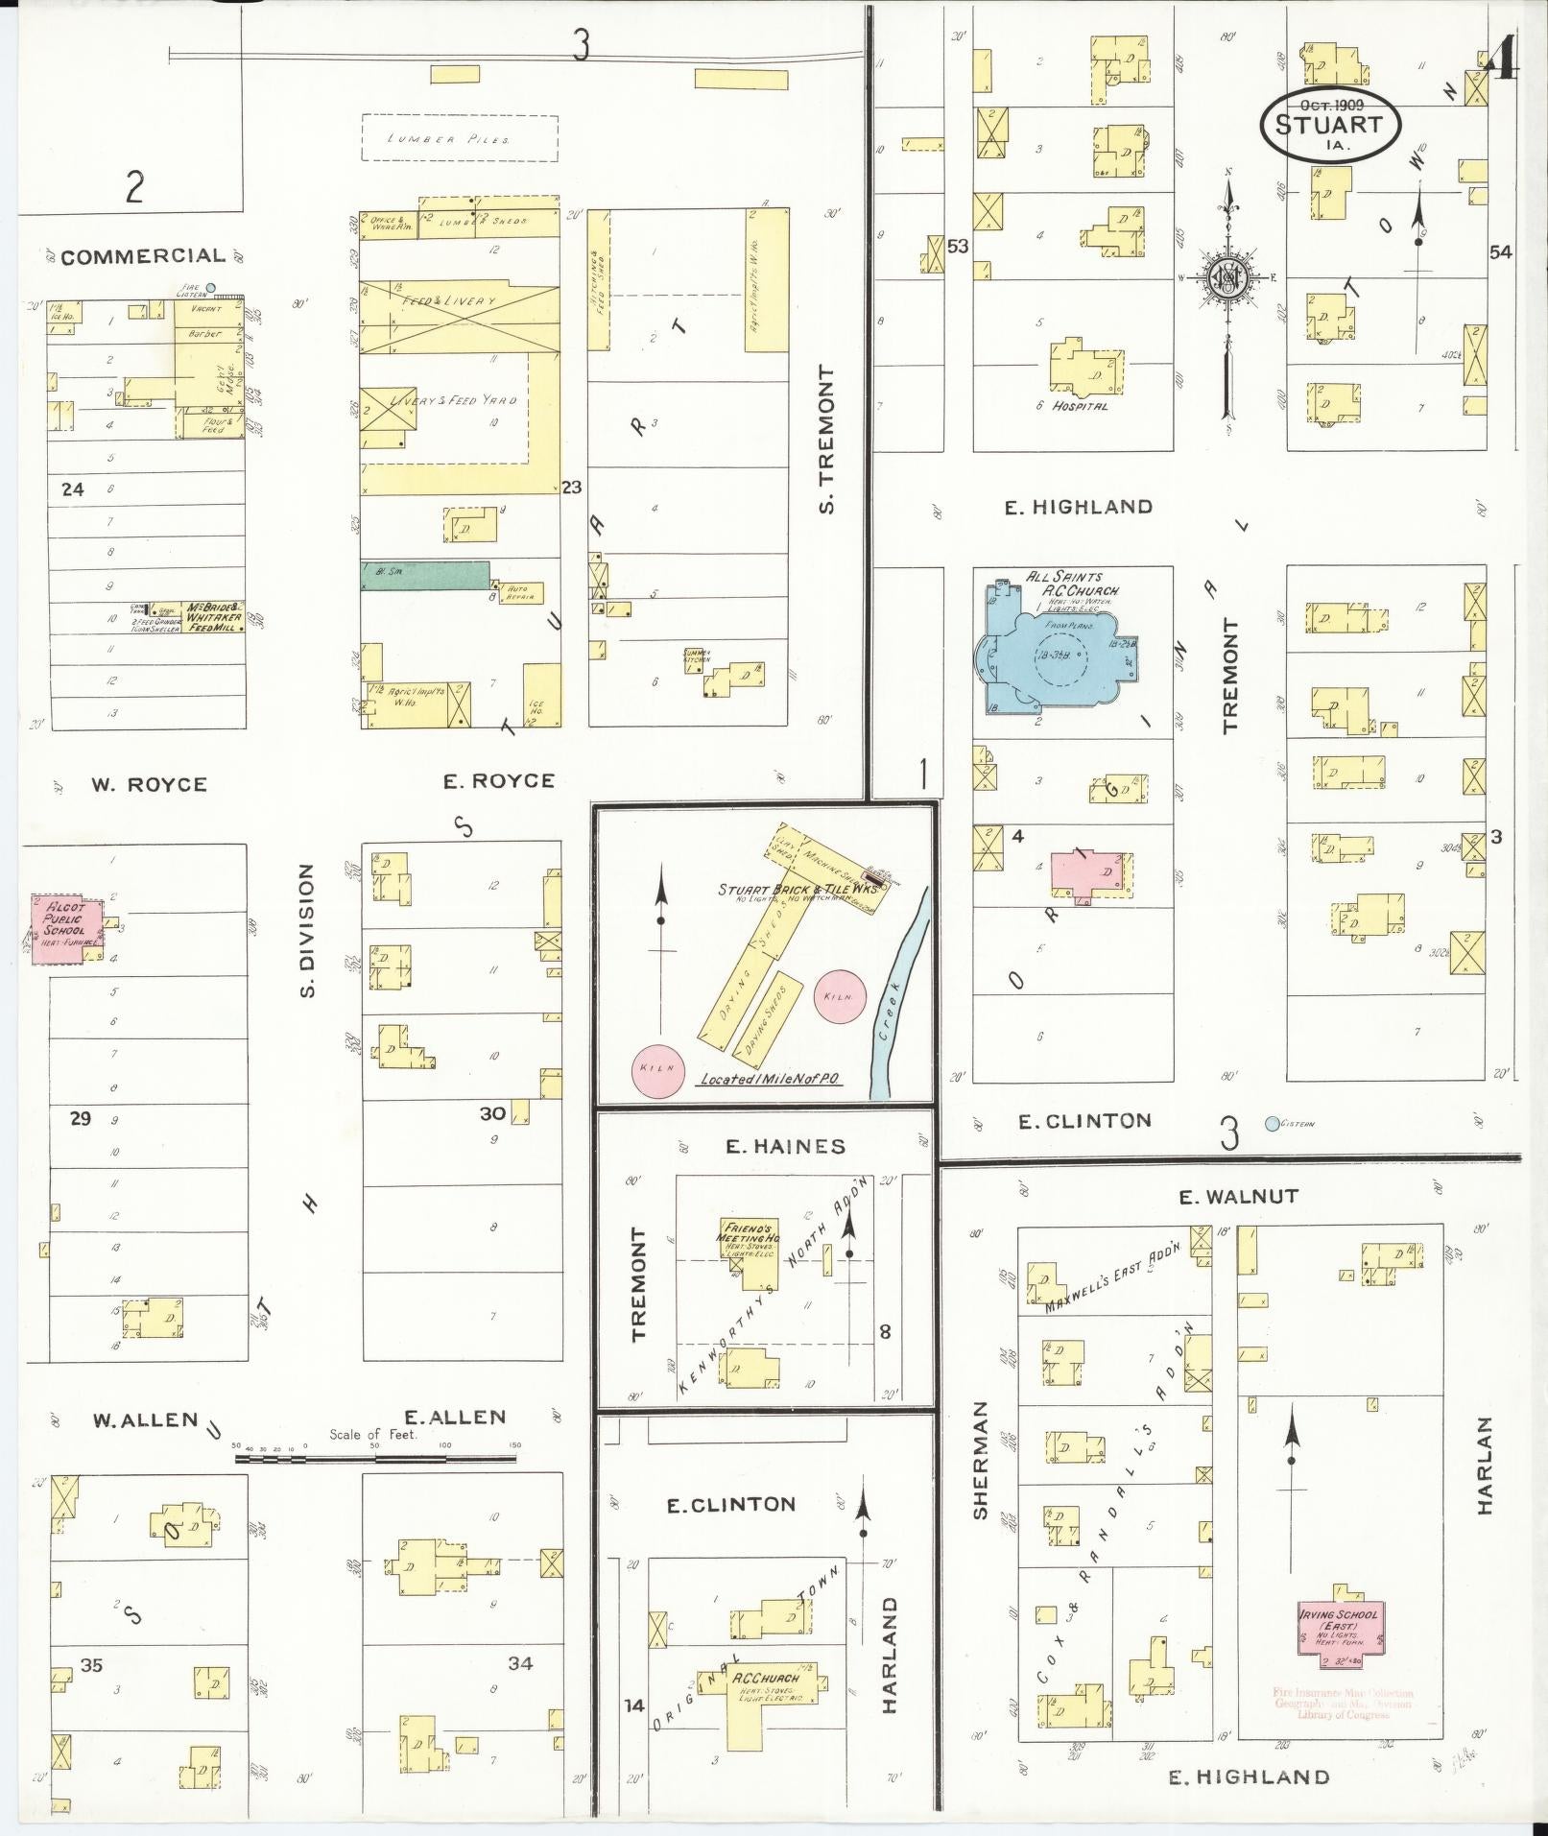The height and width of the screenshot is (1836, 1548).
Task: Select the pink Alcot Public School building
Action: [x=64, y=929]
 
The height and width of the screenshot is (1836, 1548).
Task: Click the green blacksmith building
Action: [x=424, y=576]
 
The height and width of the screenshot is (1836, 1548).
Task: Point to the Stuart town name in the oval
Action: [x=1329, y=125]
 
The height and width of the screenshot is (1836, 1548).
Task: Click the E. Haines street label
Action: [x=785, y=1146]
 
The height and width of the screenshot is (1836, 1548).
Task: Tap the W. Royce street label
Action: [x=149, y=785]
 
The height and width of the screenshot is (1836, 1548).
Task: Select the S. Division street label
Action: [x=307, y=929]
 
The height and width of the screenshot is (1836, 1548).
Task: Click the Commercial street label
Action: [x=143, y=256]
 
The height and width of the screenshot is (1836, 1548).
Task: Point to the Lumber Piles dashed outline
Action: [x=459, y=138]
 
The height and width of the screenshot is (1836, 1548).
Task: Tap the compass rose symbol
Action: [x=1228, y=278]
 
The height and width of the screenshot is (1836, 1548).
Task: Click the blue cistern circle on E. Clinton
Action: [x=1273, y=1123]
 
